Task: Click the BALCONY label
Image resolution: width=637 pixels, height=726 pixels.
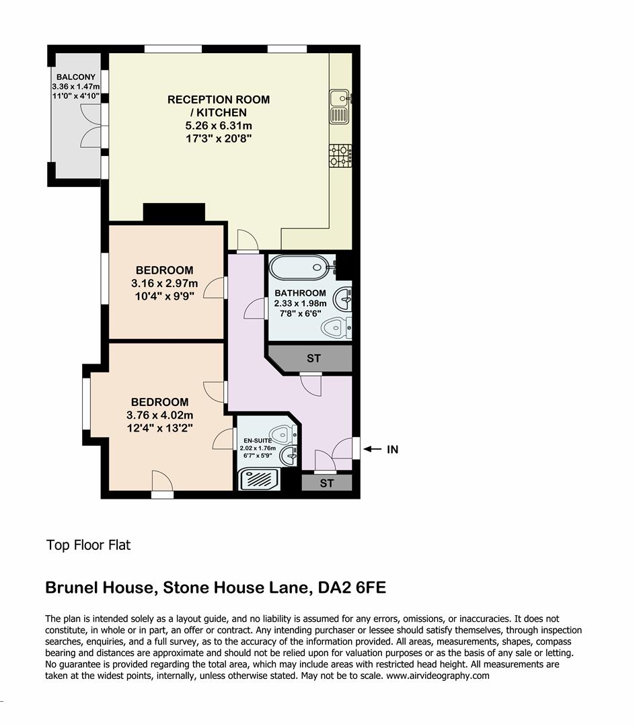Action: click(75, 77)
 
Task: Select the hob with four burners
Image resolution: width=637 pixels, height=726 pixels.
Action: click(340, 156)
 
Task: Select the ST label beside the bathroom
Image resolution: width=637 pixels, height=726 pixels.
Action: click(313, 358)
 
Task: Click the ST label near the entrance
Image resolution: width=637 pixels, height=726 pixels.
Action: click(326, 483)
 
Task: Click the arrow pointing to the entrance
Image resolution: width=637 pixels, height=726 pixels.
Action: click(373, 449)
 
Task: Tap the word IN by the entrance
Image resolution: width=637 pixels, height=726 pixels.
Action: click(392, 449)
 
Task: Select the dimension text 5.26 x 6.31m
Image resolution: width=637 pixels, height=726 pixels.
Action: click(219, 126)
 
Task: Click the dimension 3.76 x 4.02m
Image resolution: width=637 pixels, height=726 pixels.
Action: click(159, 415)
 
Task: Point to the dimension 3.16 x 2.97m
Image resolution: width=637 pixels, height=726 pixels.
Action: click(165, 283)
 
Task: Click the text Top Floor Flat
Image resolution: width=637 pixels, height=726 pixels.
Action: click(88, 545)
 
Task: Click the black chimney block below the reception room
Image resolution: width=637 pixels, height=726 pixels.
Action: click(174, 213)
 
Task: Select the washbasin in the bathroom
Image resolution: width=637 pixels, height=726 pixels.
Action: click(342, 298)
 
